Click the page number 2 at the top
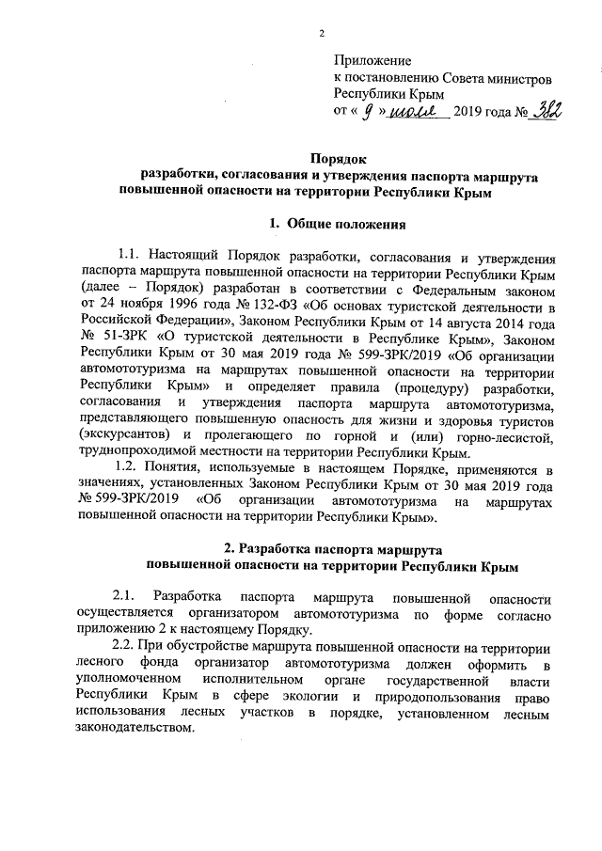pos(322,35)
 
